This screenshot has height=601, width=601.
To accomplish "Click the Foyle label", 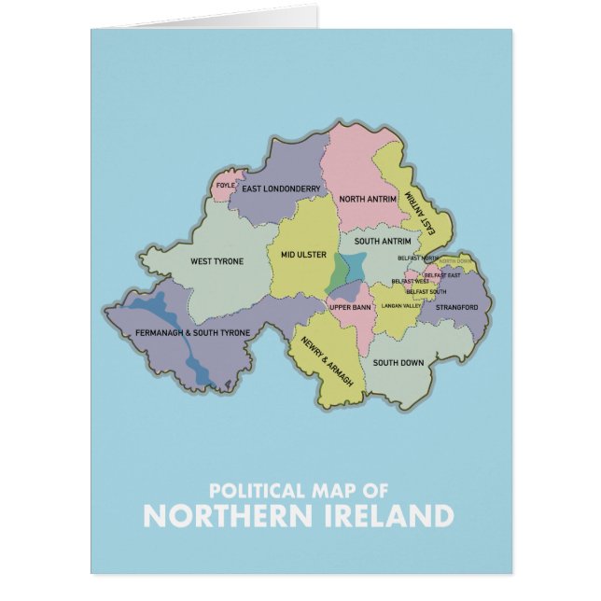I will click(x=225, y=185).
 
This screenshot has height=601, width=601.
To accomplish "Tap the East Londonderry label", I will click(x=281, y=189).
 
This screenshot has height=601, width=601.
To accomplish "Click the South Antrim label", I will click(x=383, y=242).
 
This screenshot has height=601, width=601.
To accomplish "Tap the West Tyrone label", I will click(x=216, y=261).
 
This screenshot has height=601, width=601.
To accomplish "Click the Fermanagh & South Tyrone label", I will click(x=191, y=333).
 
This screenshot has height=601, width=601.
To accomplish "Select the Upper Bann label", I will click(x=350, y=306).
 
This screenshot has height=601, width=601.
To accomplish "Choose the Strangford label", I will click(x=455, y=307).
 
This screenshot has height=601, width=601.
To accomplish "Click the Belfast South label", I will click(x=425, y=292).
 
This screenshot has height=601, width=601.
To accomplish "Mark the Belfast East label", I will click(x=441, y=275).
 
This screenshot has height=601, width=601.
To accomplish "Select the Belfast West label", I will click(x=410, y=281).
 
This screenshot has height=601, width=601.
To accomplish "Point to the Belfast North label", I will click(x=417, y=258).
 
